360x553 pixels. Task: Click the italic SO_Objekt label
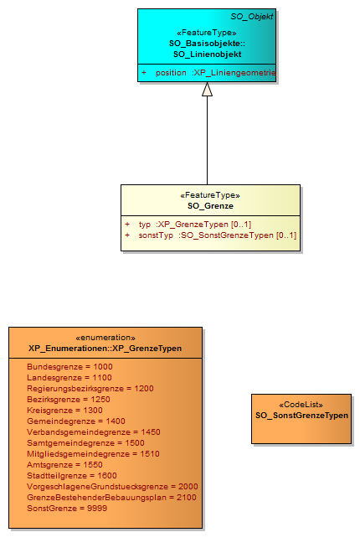coord(251,17)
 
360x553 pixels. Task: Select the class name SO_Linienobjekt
coord(207,54)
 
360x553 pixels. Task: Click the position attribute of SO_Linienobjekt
coord(208,73)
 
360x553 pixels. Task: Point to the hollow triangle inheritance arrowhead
coord(207,89)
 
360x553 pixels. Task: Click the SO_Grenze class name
coord(210,206)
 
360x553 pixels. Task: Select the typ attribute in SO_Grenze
coord(188,225)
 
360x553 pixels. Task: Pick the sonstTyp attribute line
coord(211,235)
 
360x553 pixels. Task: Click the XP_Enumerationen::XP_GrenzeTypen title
coord(105,349)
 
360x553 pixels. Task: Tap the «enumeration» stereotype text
coord(105,338)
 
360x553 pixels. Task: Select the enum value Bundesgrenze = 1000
coord(69,367)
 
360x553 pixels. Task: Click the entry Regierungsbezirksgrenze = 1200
coord(90,389)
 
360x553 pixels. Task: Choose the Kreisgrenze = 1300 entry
coord(64,411)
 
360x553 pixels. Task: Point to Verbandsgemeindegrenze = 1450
coord(94,432)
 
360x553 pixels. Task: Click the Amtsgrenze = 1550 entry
coord(64,465)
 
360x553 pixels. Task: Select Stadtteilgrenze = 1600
coord(72,476)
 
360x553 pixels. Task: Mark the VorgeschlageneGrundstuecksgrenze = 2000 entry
coord(112,487)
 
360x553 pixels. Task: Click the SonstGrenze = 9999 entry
coord(67,509)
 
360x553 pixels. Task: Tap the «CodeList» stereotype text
coord(301,405)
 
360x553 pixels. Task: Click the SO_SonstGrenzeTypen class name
coord(301,416)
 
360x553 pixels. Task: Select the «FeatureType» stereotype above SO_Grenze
coord(210,195)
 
